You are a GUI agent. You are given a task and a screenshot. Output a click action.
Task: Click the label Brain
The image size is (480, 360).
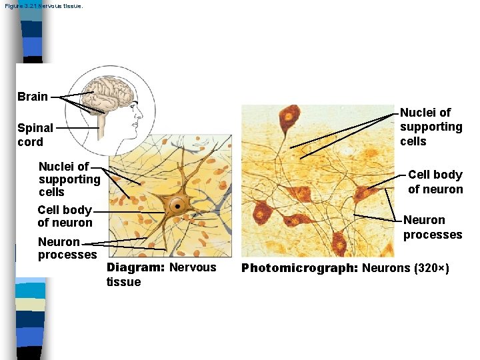coord(33,97)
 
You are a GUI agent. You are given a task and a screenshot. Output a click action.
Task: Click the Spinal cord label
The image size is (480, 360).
coord(35,135)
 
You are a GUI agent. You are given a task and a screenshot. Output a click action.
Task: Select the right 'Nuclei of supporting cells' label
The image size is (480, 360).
coord(431,127)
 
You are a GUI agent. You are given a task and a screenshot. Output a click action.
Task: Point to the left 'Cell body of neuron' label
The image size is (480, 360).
coord(65,216)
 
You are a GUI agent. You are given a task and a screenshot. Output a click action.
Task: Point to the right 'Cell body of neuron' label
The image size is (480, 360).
coord(435,182)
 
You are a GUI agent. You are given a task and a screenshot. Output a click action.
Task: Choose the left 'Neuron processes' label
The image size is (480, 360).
coord(67,248)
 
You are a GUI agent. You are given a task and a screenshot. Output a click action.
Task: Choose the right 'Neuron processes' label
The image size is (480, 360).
coord(432,227)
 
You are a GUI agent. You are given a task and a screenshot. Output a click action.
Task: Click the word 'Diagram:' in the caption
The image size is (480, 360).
coord(135,267)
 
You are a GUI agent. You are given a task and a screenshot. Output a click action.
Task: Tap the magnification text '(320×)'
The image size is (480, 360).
coord(431,268)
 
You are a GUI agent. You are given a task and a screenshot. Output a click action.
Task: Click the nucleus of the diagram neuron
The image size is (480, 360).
coord(178,205)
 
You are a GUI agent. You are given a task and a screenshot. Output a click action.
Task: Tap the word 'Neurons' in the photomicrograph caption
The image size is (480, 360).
coord(386,268)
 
